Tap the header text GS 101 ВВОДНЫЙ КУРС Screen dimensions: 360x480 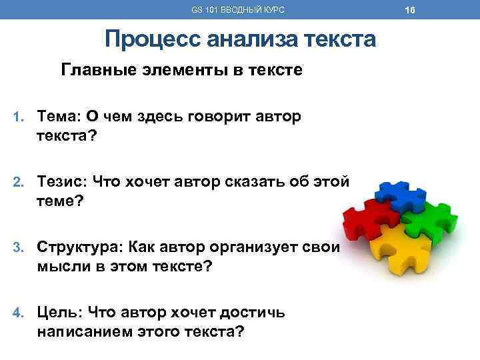238,9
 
